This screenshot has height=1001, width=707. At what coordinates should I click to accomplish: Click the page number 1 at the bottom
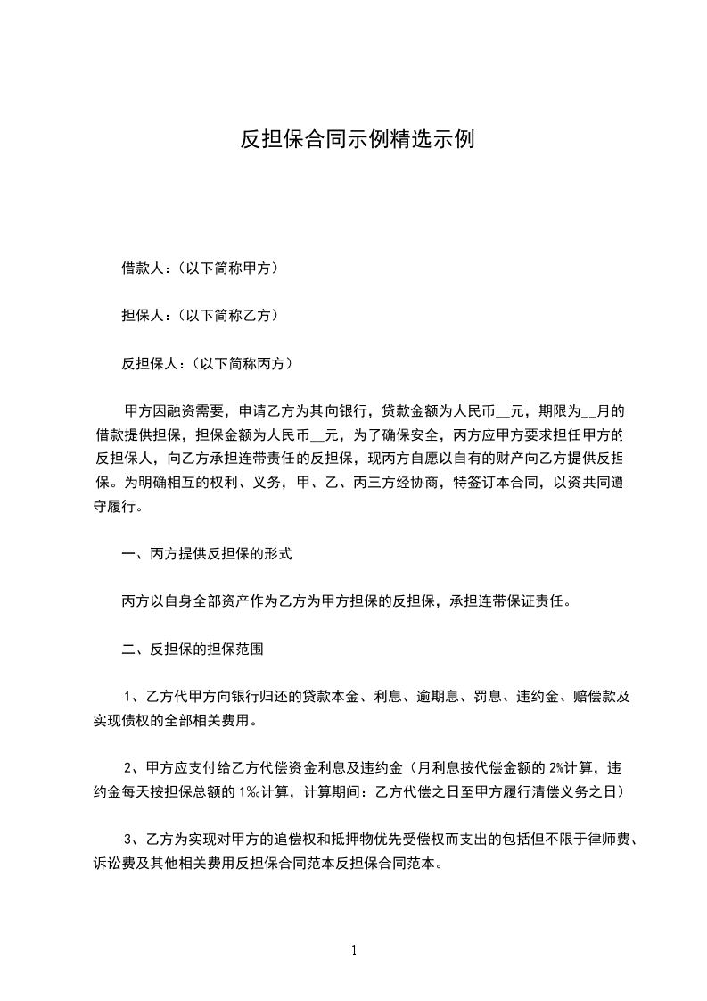(354, 950)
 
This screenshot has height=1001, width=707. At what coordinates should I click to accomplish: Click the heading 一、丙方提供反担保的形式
(206, 553)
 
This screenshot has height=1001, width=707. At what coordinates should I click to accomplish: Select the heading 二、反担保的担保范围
(192, 649)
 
